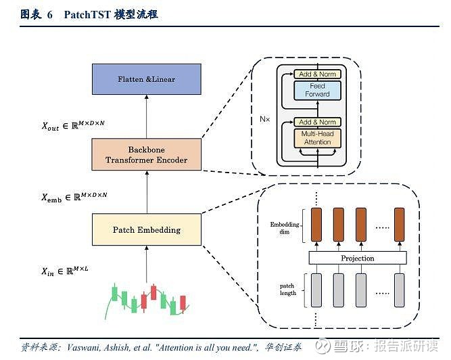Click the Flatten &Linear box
[147, 79]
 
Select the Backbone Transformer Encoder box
[147, 154]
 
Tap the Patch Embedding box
[147, 229]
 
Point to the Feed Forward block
[317, 90]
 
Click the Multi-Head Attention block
[317, 138]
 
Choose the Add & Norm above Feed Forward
[317, 74]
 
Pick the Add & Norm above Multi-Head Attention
[317, 122]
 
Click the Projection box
[358, 258]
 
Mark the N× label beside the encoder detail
[264, 119]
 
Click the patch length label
[287, 290]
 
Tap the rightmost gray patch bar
[400, 290]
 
